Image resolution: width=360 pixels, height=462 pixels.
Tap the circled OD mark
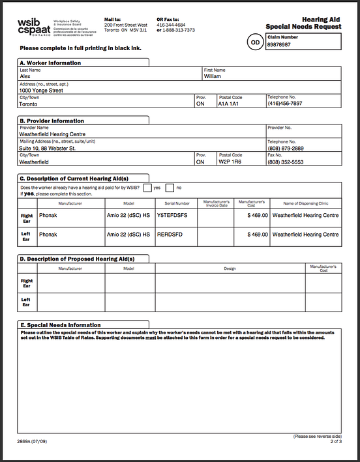pos(254,43)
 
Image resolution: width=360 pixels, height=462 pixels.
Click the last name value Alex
pos(26,76)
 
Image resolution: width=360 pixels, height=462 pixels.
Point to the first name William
pos(213,76)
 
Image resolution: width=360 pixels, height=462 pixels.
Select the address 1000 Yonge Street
pos(41,91)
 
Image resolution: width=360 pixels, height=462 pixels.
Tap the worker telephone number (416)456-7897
pos(285,104)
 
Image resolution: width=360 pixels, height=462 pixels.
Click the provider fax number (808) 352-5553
pos(285,162)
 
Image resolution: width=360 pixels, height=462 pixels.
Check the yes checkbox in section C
pos(147,188)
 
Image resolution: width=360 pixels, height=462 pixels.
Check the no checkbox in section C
pos(170,188)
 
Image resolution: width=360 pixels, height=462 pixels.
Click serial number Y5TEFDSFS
pos(173,215)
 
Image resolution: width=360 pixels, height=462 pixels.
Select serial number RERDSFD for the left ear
pos(170,235)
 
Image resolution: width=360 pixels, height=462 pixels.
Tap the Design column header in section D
pos(230,268)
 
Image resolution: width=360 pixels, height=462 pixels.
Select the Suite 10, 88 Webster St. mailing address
pos(47,149)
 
